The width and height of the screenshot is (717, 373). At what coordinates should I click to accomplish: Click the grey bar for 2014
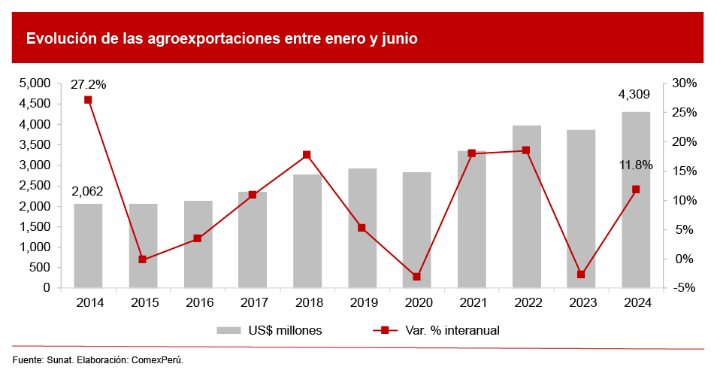pos(88,245)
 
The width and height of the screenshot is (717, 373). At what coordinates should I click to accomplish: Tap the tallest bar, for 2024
pos(636,199)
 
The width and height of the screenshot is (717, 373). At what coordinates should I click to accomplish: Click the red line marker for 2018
pos(307,155)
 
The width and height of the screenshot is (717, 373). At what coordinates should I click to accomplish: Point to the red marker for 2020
pos(416,277)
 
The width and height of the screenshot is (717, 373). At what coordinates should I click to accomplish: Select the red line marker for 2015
pos(143,259)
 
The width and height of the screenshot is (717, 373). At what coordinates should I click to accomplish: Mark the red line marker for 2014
pos(88,100)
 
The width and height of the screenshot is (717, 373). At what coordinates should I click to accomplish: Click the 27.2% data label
pos(88,84)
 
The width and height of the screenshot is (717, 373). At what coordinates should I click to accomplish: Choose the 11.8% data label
pos(636,165)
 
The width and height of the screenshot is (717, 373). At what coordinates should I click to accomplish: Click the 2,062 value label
pos(87,191)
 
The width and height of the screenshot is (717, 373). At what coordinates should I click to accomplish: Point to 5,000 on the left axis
pos(34,83)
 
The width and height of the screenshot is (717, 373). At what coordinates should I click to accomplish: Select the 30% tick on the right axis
pos(685,83)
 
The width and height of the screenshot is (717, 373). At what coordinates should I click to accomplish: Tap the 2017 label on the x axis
pos(253,303)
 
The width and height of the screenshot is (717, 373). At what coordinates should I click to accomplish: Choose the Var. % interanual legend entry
pos(436,330)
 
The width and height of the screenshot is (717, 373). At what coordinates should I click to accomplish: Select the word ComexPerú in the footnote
pos(157,359)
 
